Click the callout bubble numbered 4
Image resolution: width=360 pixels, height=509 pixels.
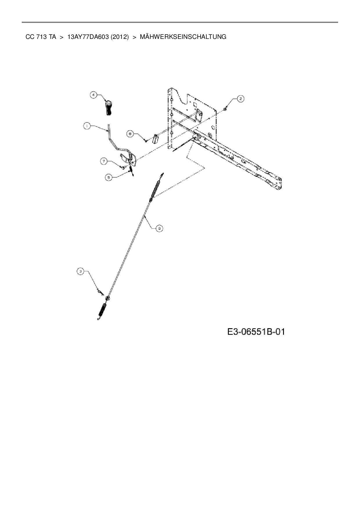tap(93, 95)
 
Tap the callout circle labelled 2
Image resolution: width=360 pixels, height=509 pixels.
tap(240, 99)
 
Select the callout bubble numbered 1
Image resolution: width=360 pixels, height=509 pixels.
tap(87, 126)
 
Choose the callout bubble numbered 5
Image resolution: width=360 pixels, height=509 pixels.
tap(109, 177)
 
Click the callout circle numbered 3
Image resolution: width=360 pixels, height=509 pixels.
tap(80, 271)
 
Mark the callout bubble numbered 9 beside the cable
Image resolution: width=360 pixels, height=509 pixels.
tap(159, 228)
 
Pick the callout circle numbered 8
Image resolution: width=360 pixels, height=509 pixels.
tap(130, 134)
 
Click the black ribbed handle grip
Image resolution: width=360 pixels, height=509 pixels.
tap(108, 108)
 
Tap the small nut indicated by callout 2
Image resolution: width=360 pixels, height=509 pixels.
tap(226, 109)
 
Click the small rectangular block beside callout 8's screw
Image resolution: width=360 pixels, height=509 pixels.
tap(156, 138)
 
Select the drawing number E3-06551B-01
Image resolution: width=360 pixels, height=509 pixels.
tap(256, 331)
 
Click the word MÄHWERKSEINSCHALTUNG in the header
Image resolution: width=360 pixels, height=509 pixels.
tap(183, 37)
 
